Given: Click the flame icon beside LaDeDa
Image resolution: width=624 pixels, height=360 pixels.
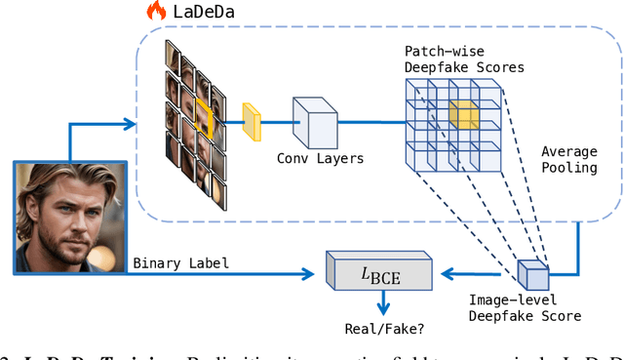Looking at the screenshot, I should pyautogui.click(x=156, y=12).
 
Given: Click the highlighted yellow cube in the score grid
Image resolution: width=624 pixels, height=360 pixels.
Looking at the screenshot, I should pyautogui.click(x=464, y=116).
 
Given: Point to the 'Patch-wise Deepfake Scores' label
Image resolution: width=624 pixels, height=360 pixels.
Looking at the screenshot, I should pyautogui.click(x=464, y=59).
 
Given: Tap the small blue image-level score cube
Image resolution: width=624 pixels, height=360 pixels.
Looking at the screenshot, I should pyautogui.click(x=533, y=274).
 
